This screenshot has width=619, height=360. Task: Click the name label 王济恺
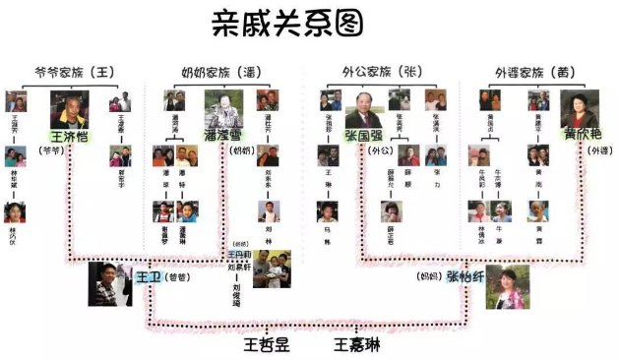tap(70, 136)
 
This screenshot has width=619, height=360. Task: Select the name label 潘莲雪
tap(224, 136)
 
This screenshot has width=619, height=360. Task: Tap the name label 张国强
tap(364, 135)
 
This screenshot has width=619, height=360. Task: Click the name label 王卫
tap(148, 277)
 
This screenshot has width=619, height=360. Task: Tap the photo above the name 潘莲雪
tap(223, 108)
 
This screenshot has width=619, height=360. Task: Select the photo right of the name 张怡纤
tap(507, 286)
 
